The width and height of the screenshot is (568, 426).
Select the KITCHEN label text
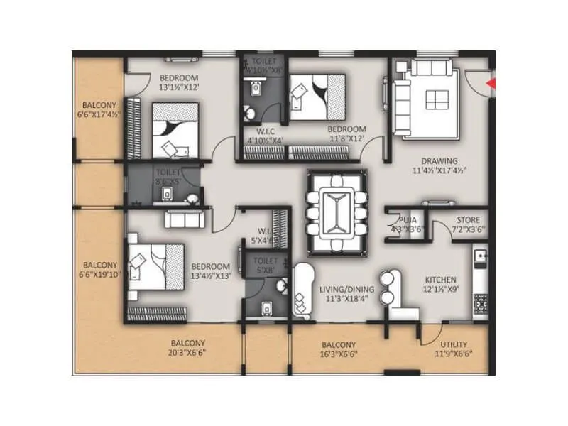(x=440, y=280)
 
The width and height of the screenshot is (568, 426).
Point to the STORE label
(x=468, y=220)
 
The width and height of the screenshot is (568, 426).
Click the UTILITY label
(x=454, y=344)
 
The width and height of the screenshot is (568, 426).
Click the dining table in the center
(x=337, y=212)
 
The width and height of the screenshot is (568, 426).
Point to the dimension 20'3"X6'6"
(x=187, y=351)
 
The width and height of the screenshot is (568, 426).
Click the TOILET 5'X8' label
(x=266, y=266)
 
